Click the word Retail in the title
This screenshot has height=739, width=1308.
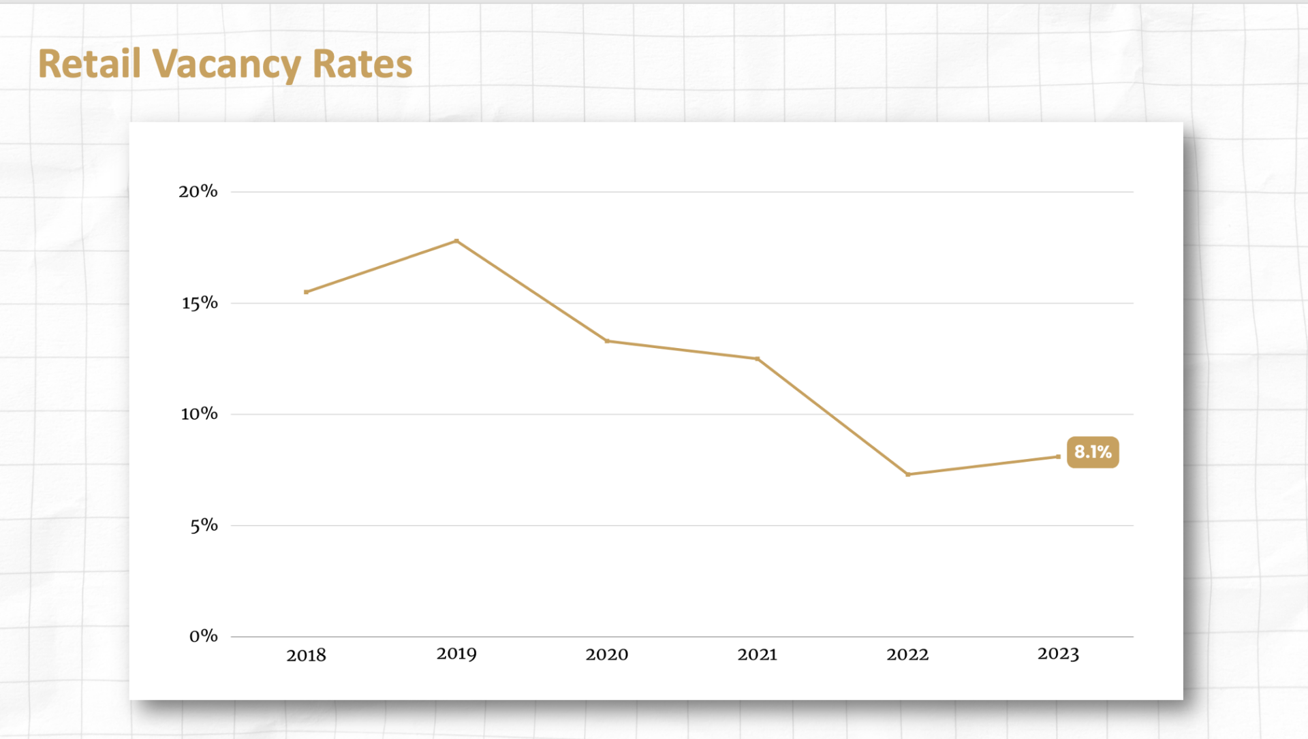[x=89, y=64]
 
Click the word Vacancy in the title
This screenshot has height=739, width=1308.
[x=226, y=65]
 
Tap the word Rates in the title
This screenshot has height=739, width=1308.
[x=362, y=64]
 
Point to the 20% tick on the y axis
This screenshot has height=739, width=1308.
[x=198, y=191]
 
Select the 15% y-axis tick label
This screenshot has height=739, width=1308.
[x=200, y=303]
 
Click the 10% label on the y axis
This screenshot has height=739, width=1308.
[x=199, y=414]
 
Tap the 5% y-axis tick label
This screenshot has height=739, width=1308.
[x=204, y=525]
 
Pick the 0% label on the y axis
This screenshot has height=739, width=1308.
[x=204, y=636]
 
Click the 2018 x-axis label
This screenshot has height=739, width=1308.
[x=306, y=655]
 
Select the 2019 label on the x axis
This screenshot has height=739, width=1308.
[x=456, y=654]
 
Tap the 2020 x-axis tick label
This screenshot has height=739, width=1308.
[x=607, y=655]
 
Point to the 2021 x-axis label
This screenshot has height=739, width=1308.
[x=757, y=655]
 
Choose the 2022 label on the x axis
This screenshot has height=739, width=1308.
[x=907, y=655]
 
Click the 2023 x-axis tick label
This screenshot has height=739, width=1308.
[x=1058, y=654]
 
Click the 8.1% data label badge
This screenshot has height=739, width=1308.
[x=1093, y=452]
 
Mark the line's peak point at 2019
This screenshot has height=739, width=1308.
[x=456, y=240]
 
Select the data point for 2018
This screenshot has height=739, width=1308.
[x=306, y=292]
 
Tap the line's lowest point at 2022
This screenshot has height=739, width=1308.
[x=907, y=475]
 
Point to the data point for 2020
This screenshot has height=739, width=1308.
[x=607, y=341]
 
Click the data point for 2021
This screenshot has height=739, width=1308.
[x=757, y=359]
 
